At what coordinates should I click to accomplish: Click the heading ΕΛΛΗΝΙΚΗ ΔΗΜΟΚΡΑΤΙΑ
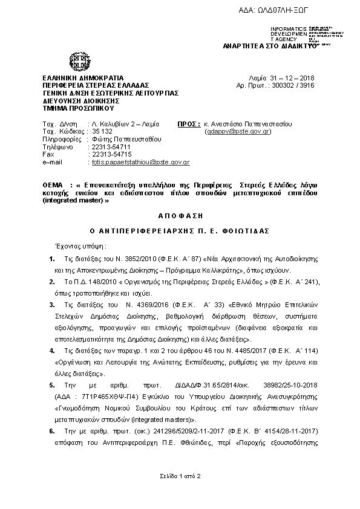pyautogui.click(x=83, y=79)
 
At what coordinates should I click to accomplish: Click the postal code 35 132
pyautogui.click(x=102, y=131)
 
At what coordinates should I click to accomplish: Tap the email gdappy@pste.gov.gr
pyautogui.click(x=238, y=131)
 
